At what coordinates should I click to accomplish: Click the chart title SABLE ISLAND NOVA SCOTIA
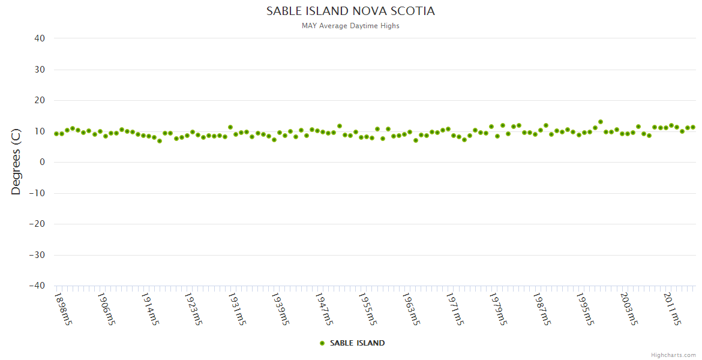(x=350, y=11)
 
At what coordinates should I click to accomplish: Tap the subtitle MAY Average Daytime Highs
(x=350, y=26)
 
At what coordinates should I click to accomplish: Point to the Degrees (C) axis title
(x=16, y=162)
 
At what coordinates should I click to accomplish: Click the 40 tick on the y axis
(x=40, y=38)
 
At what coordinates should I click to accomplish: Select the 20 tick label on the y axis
(x=40, y=100)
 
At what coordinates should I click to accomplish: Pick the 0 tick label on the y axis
(x=42, y=162)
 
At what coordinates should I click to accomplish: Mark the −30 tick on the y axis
(x=37, y=255)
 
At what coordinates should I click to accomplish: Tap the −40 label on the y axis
(x=37, y=286)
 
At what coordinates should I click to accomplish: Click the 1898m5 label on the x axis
(x=63, y=308)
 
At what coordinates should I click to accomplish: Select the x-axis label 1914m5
(x=150, y=308)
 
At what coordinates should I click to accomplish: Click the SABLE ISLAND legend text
(x=357, y=343)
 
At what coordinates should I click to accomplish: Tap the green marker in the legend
(x=322, y=343)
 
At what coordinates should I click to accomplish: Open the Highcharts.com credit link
(x=673, y=355)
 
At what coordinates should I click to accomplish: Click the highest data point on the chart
(x=601, y=122)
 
